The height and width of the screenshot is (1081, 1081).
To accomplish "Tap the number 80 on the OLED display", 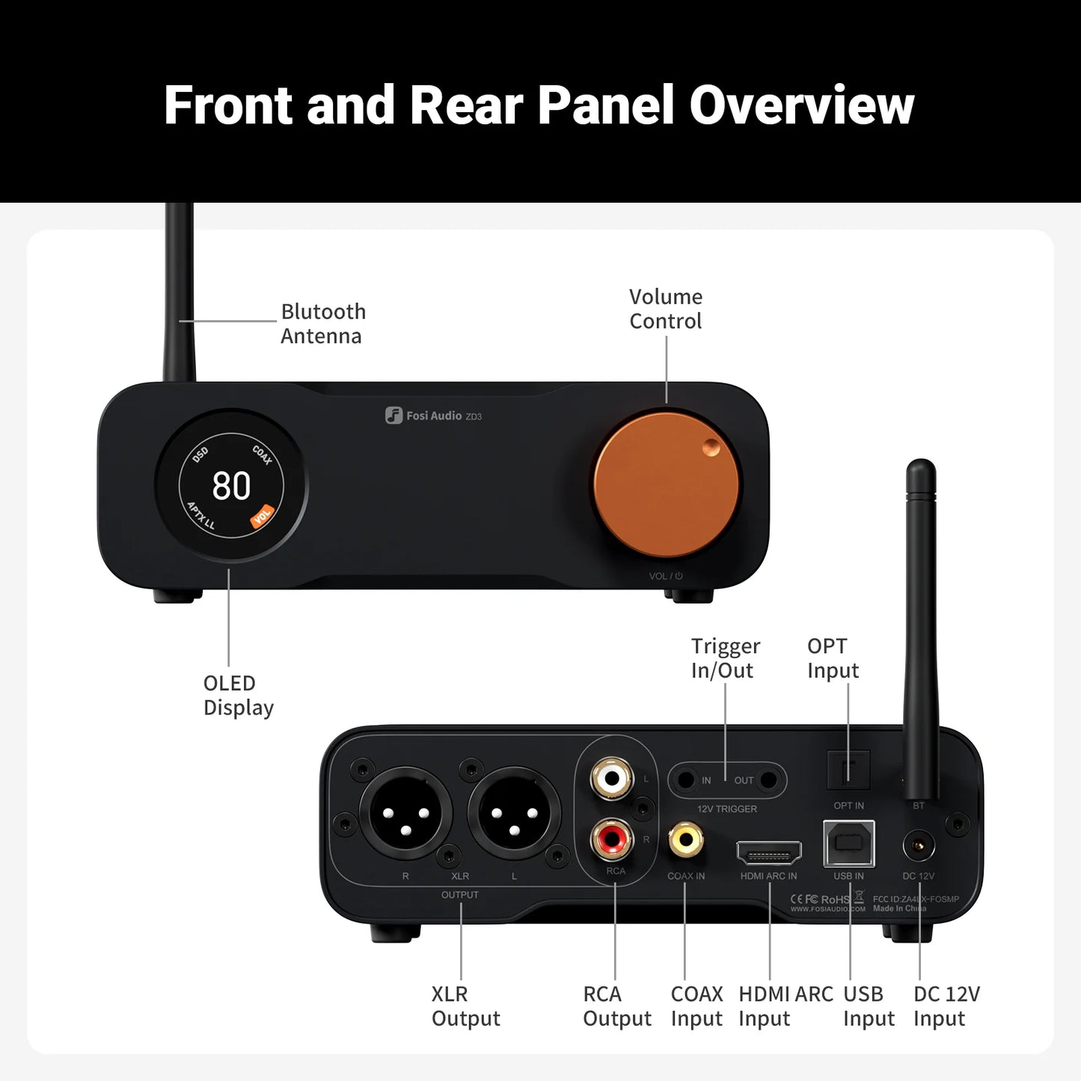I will [x=231, y=486].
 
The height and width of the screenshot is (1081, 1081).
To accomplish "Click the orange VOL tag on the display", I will [x=262, y=516].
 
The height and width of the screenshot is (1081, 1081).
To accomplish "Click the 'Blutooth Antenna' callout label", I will [x=322, y=323].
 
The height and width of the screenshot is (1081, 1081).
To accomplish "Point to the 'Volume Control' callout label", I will [x=665, y=308].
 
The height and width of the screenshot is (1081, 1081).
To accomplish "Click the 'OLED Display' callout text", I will [x=238, y=695].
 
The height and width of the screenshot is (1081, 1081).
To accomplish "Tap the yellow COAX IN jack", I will [x=685, y=839].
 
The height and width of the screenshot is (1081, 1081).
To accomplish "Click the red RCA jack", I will [x=611, y=839].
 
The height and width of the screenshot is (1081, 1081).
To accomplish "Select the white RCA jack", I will [x=611, y=779].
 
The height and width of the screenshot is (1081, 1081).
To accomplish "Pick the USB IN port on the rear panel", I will [x=848, y=843].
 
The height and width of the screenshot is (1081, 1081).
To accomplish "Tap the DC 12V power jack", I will [x=918, y=847].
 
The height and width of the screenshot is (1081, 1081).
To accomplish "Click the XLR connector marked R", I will [x=405, y=812].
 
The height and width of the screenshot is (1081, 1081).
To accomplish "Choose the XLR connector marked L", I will [x=514, y=812].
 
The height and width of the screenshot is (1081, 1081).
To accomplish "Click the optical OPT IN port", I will [x=848, y=770].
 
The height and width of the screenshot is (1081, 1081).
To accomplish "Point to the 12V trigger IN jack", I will [x=685, y=780].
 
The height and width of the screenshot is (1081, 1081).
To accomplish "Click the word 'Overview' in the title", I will [x=801, y=105].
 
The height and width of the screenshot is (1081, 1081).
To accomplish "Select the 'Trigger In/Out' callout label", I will [x=725, y=658].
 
